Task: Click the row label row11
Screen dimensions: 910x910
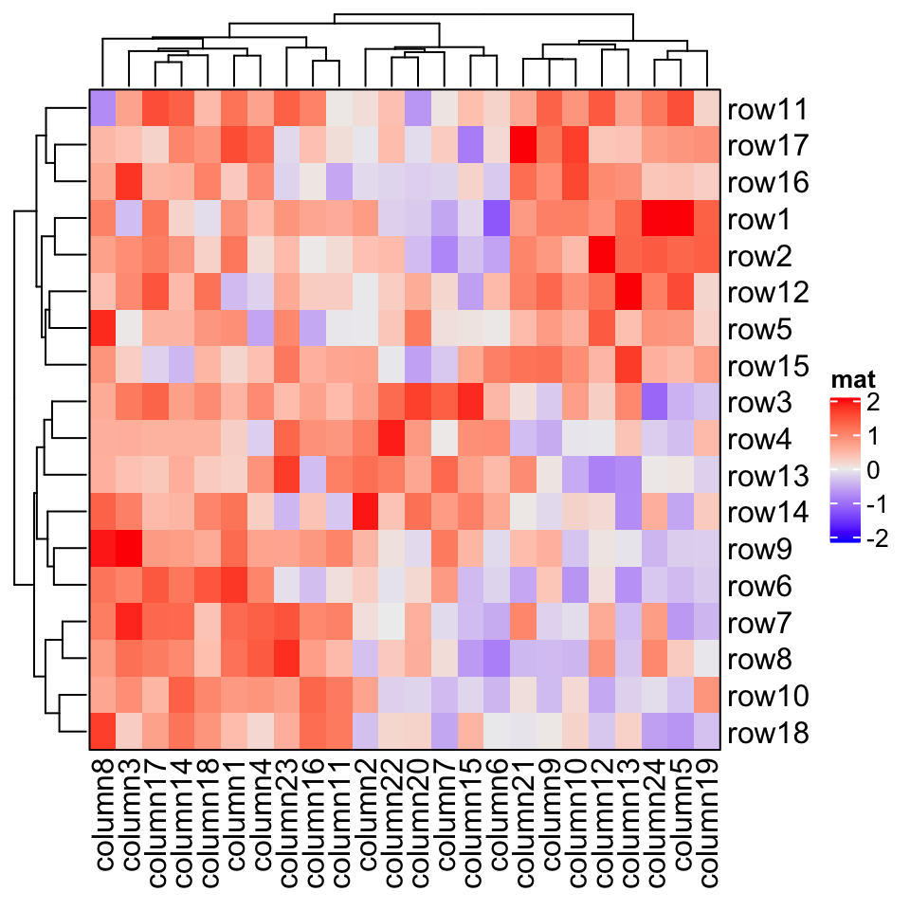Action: (767, 110)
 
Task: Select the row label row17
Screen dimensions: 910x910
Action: (767, 146)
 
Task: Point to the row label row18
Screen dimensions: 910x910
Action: (767, 734)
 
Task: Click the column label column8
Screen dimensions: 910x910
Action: (103, 815)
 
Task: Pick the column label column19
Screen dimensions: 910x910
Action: (707, 815)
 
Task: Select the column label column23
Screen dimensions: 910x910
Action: (288, 815)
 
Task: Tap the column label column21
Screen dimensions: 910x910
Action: (522, 815)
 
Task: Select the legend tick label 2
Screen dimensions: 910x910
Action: (871, 404)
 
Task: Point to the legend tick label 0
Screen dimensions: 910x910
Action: (871, 472)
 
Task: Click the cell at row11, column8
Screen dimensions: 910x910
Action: (102, 109)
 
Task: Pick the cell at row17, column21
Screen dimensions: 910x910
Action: (522, 146)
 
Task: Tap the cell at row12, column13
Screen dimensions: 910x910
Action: (628, 293)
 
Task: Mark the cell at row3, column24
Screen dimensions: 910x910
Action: (654, 403)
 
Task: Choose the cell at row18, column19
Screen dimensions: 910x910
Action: (707, 733)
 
